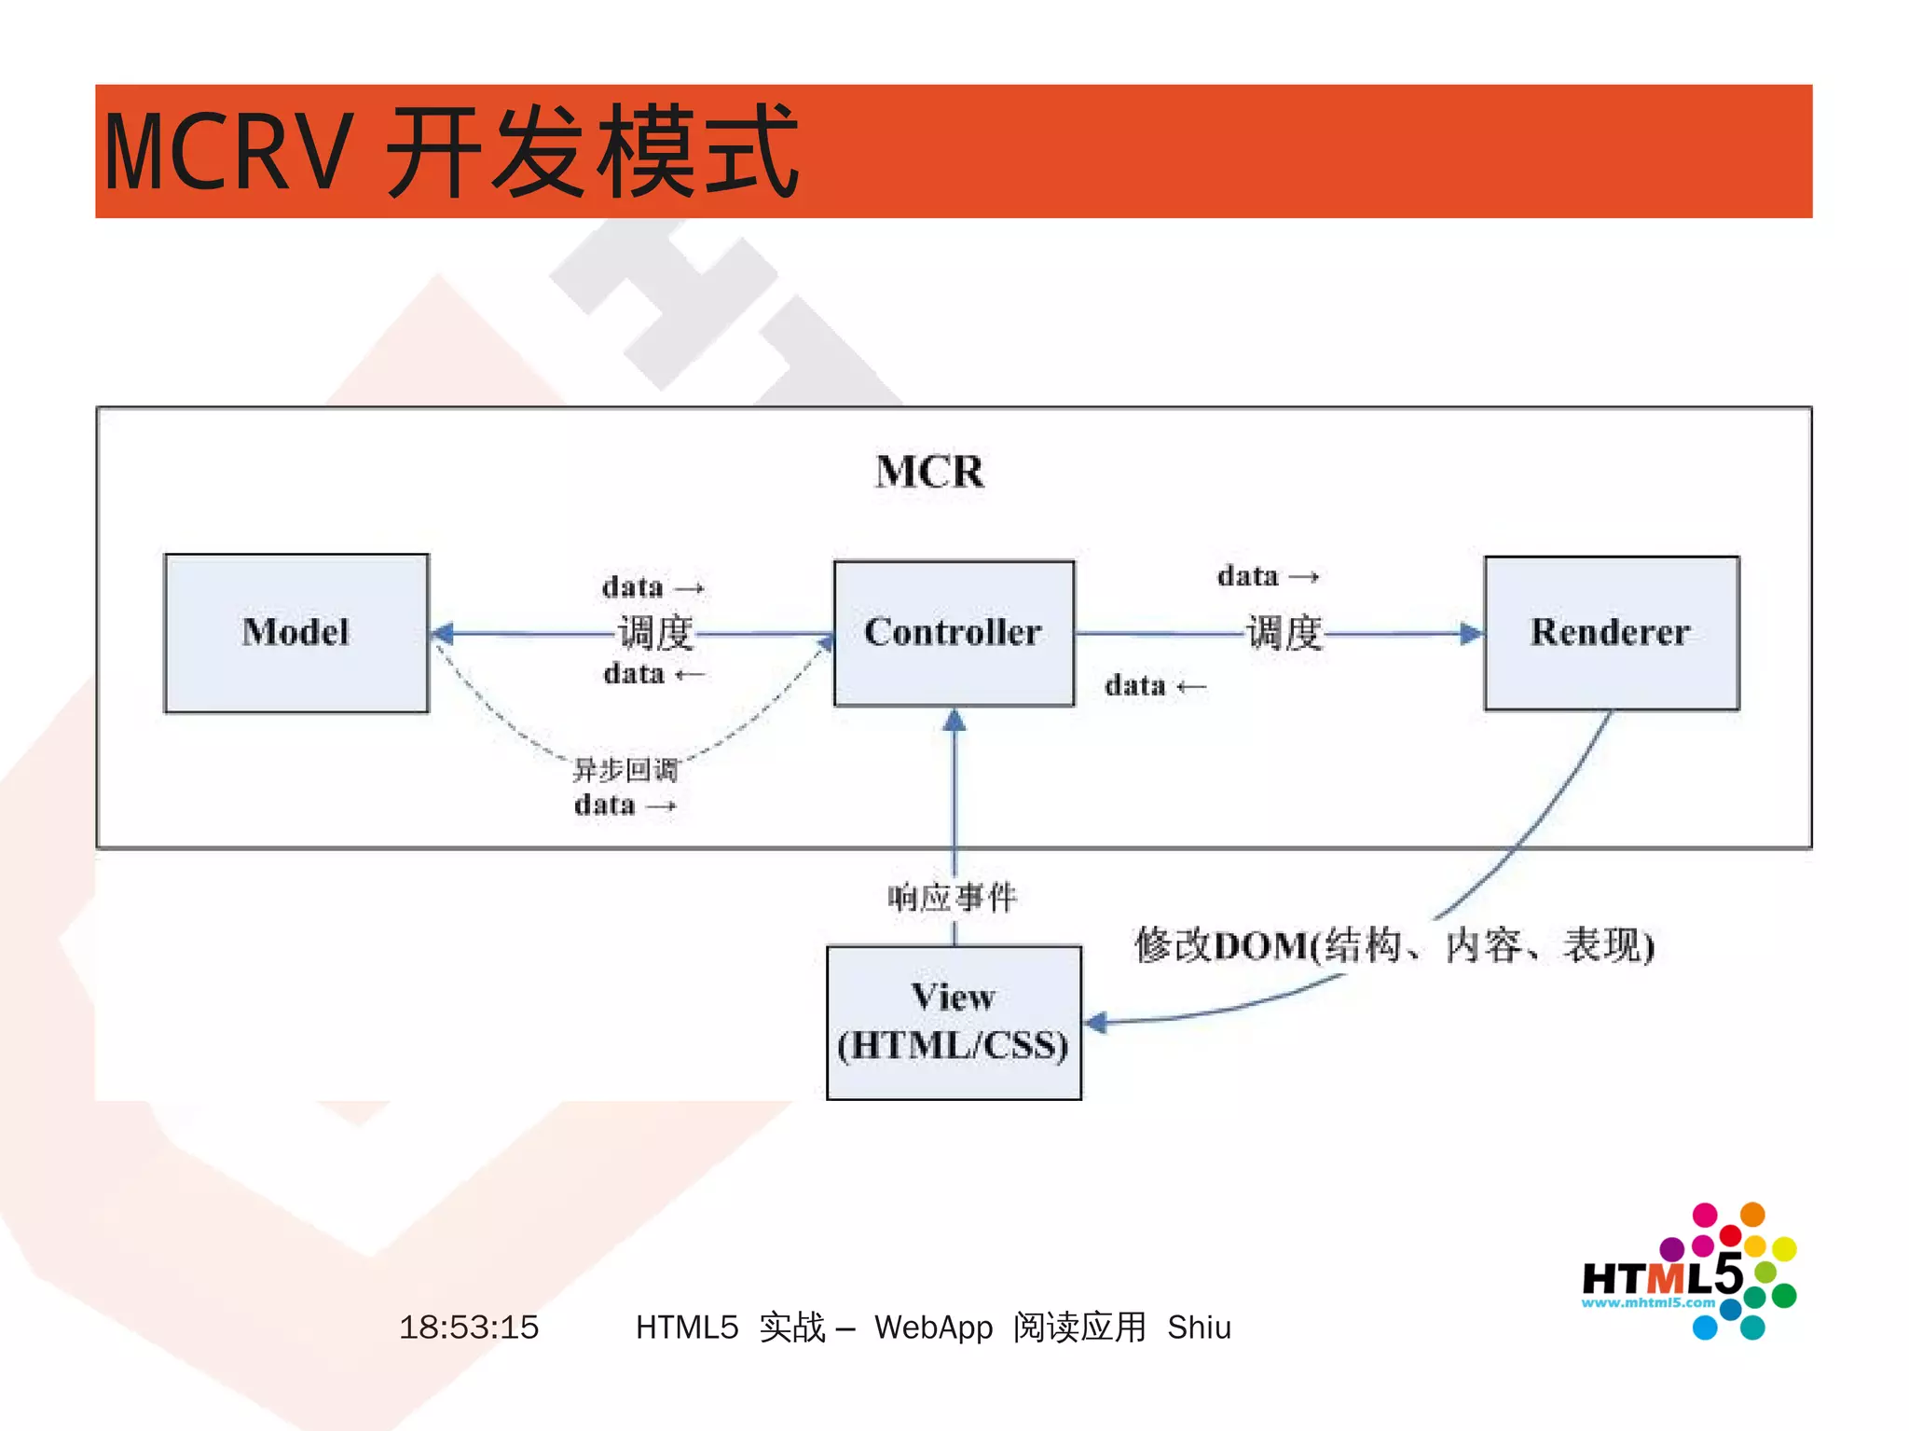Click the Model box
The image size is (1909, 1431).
[x=296, y=633]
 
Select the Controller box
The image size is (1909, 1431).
[x=954, y=633]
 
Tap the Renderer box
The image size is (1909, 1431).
[x=1611, y=633]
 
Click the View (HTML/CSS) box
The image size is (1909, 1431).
[x=954, y=1022]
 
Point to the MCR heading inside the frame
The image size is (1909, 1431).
[x=929, y=472]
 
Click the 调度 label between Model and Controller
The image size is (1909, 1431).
[x=656, y=633]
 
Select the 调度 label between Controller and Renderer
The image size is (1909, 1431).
[x=1284, y=633]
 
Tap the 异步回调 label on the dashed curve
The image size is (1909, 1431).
[x=625, y=770]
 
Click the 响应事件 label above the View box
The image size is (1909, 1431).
[x=952, y=898]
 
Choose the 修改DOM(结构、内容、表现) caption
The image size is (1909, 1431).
[x=1394, y=945]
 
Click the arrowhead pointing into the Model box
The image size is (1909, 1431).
[x=443, y=634]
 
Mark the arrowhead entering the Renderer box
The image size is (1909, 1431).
[x=1471, y=634]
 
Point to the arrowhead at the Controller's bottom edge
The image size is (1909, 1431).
[x=954, y=720]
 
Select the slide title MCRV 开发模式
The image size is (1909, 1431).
[x=450, y=151]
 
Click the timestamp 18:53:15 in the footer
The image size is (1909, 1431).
[x=469, y=1327]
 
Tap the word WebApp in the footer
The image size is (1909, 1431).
[x=933, y=1327]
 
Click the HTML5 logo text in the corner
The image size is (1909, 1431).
[x=1661, y=1275]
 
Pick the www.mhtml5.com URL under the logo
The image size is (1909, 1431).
[x=1647, y=1302]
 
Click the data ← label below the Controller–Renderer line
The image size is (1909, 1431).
[x=1155, y=686]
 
